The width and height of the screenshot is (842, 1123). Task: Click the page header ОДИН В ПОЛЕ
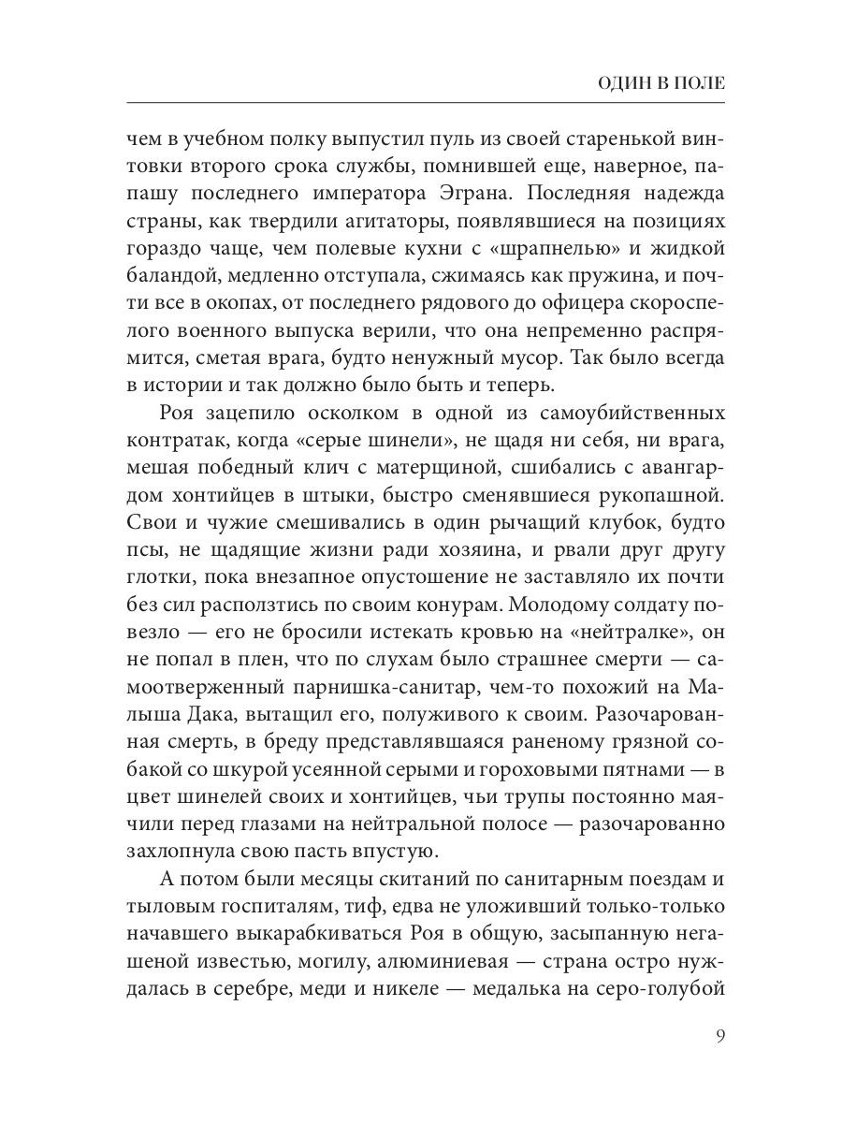click(x=661, y=83)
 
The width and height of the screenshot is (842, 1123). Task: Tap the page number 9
click(x=720, y=1035)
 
